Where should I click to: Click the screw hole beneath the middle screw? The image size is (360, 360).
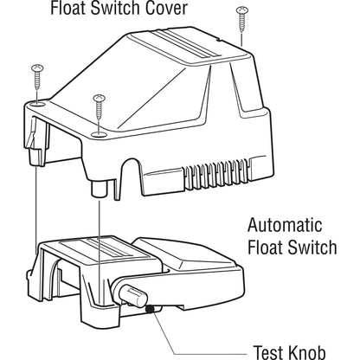click(102, 134)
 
